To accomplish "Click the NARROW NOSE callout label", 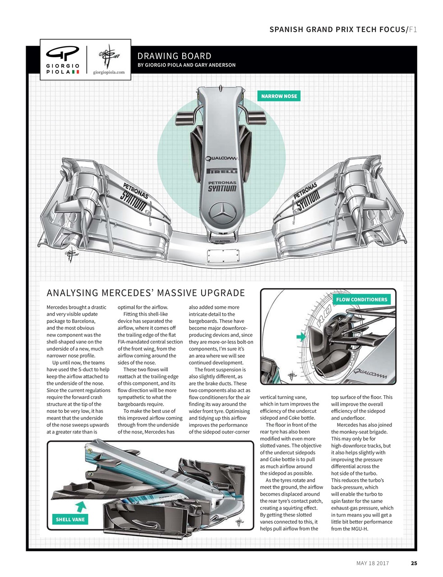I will click(279, 96).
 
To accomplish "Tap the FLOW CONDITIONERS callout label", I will click(362, 299).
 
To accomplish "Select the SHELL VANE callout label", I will click(70, 519).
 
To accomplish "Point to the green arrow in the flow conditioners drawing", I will click(300, 337).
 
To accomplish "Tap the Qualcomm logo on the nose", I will click(221, 158).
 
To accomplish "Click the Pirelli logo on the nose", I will click(221, 171).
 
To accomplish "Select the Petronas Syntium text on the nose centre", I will click(221, 186).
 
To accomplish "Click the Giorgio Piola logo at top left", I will click(63, 60).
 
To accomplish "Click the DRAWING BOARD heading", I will click(174, 56).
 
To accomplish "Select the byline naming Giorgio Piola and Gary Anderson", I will click(186, 65).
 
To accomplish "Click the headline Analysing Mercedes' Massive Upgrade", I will click(146, 293).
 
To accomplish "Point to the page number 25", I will click(414, 563).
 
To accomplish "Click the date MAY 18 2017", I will click(372, 563).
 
